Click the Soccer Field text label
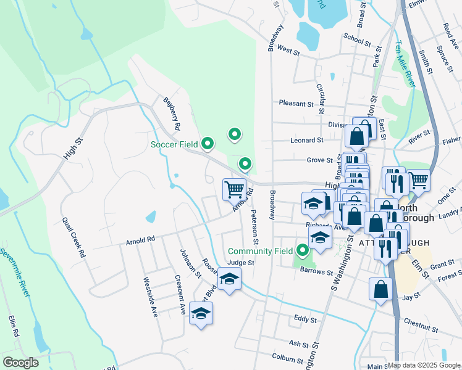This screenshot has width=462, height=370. point(175,145)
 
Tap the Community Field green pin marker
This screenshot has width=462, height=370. point(303,250)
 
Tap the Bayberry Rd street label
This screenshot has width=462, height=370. point(171,113)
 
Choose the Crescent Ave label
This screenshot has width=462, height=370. point(180,295)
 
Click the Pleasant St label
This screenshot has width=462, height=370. point(296,104)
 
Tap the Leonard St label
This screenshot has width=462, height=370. point(306,141)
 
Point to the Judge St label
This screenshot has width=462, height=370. point(241,263)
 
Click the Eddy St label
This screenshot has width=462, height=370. point(305,320)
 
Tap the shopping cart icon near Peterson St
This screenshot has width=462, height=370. point(234,189)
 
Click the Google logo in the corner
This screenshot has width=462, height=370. point(20,363)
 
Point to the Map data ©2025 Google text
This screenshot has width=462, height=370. point(424,365)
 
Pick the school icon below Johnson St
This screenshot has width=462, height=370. point(201,314)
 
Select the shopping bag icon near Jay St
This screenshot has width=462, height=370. point(381,289)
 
